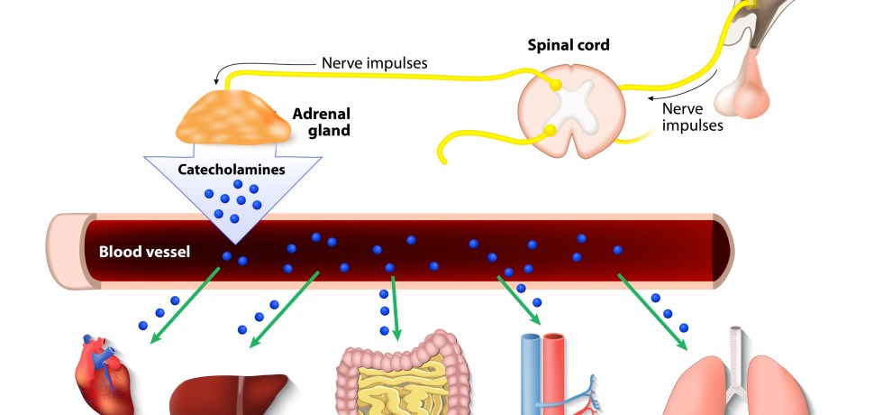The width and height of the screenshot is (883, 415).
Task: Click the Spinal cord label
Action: click(568, 44)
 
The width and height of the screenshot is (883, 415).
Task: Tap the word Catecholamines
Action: click(232, 169)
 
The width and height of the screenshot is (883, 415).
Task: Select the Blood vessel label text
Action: click(143, 251)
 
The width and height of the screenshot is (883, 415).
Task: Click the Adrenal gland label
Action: click(321, 122)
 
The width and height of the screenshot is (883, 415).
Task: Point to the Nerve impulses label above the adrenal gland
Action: click(374, 63)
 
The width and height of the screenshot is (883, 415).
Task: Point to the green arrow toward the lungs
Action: click(651, 307)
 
